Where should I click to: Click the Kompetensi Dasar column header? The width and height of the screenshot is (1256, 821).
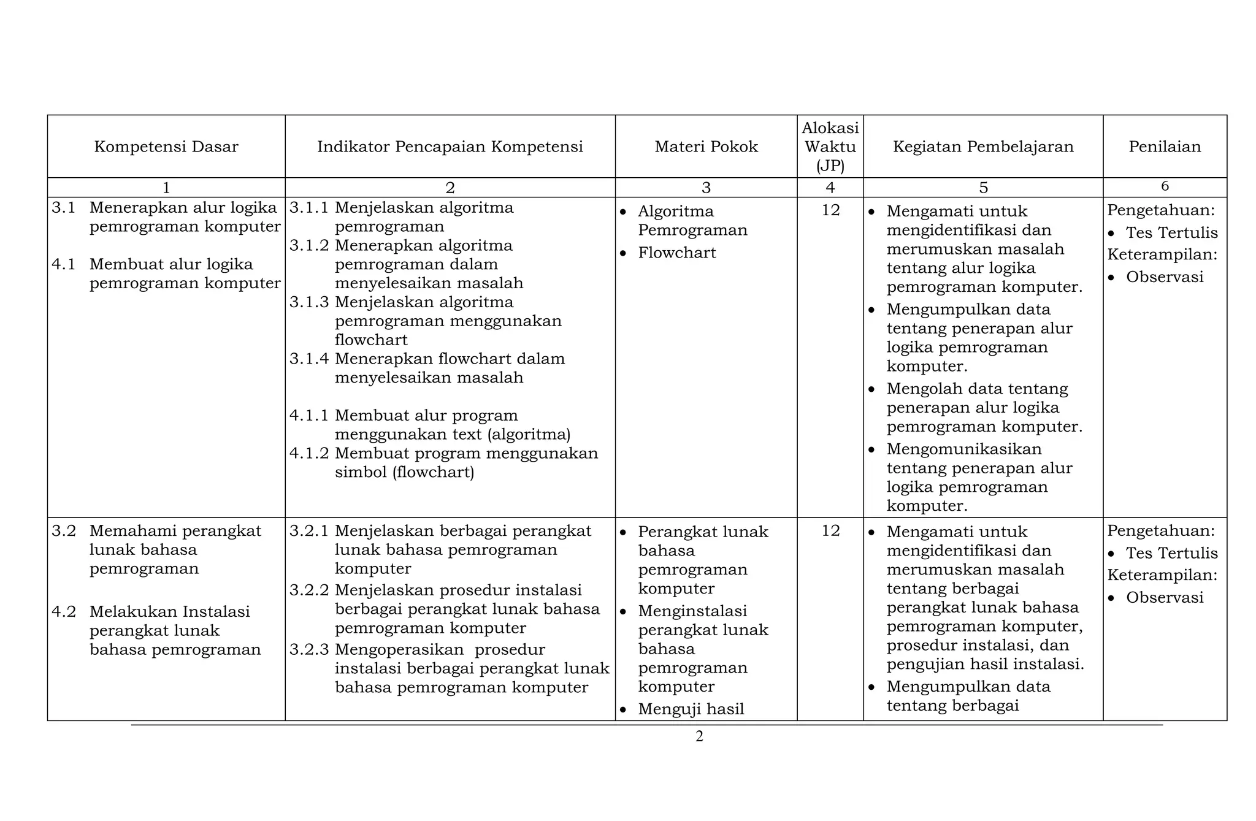point(166,147)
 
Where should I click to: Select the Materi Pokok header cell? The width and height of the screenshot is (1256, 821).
point(706,147)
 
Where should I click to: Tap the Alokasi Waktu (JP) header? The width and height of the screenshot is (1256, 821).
point(830,147)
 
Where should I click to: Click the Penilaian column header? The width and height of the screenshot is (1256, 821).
point(1164,147)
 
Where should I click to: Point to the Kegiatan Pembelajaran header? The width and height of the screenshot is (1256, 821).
point(982,147)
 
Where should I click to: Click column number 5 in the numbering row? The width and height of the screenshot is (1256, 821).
point(983,188)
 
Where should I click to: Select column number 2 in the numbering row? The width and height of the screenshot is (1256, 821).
point(450,188)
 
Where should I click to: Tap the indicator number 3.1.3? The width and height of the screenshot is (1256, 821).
point(309,302)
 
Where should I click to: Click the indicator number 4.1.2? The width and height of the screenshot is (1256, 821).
point(309,453)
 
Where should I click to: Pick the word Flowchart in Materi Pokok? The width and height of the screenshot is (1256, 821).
point(676,253)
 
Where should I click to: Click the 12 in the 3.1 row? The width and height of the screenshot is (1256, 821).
point(830,210)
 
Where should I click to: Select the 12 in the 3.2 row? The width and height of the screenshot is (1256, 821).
point(830,531)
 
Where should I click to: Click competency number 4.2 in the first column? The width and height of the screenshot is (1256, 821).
point(64,611)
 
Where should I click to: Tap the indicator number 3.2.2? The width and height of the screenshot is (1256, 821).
point(309,590)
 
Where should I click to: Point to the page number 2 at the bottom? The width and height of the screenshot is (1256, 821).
point(699,736)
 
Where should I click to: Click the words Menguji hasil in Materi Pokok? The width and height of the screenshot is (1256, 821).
point(691,709)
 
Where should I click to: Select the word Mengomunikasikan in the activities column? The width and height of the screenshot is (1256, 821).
point(963,449)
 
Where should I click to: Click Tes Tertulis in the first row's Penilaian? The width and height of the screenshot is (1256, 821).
point(1171,233)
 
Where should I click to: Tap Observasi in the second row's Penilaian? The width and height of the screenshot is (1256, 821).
point(1164,597)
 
